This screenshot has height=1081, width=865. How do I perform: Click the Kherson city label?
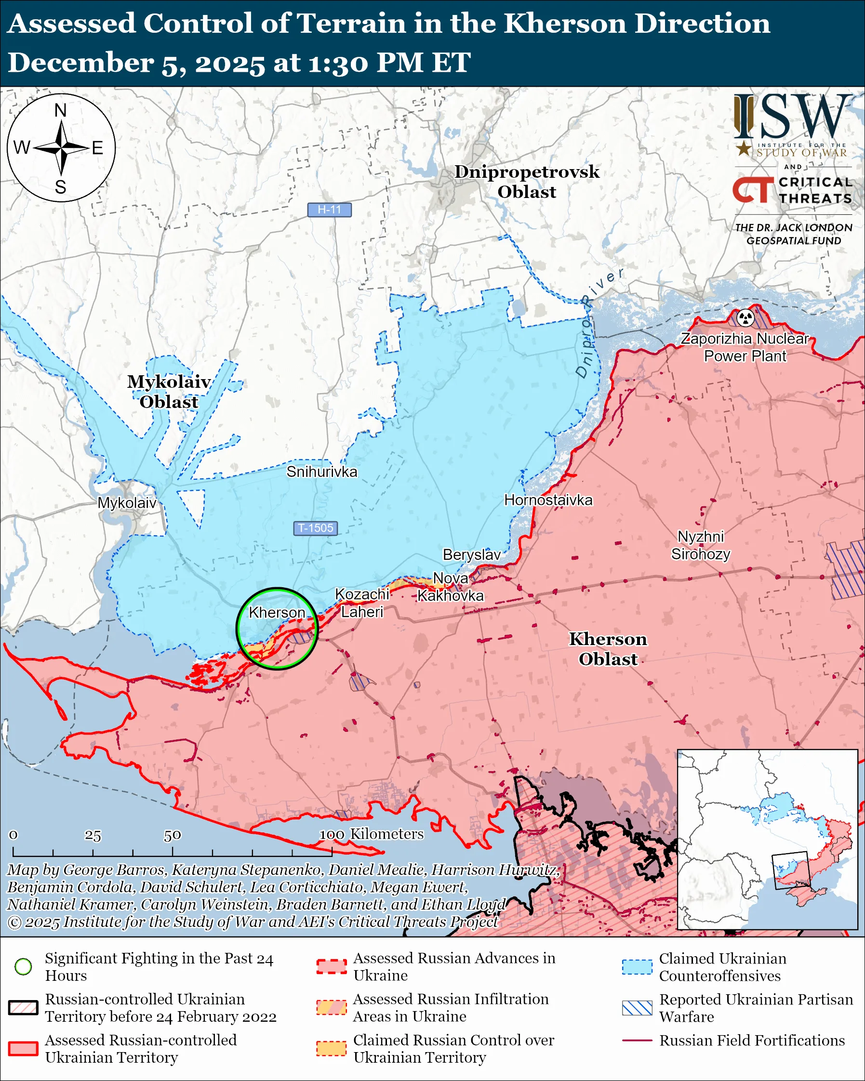tap(277, 613)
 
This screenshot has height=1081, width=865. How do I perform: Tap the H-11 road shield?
tap(330, 210)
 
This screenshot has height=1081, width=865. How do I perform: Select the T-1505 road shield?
tap(316, 528)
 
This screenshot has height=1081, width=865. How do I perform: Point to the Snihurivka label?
tap(322, 472)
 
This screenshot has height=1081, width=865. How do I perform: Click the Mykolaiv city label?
tap(127, 503)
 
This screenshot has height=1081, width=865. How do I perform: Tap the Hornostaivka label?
tap(548, 500)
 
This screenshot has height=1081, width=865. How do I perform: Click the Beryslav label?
tap(471, 554)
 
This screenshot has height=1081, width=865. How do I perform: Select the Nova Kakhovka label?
tap(450, 587)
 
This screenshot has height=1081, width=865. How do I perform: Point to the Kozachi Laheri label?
tap(361, 603)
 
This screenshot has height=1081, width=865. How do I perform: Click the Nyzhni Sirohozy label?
tap(701, 545)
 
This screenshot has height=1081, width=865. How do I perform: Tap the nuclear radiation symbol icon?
tap(745, 317)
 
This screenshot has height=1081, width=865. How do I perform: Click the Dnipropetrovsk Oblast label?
tap(527, 182)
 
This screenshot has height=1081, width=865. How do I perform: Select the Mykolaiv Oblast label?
tap(169, 392)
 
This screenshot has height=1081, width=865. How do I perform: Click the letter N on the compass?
tap(61, 110)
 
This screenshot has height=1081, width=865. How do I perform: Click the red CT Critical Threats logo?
tap(752, 190)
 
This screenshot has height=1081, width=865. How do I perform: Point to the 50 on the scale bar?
tap(172, 835)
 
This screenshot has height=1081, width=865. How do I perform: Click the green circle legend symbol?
tap(23, 967)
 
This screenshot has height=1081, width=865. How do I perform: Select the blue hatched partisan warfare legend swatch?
tap(637, 1008)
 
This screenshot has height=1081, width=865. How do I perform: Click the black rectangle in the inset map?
tap(791, 870)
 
